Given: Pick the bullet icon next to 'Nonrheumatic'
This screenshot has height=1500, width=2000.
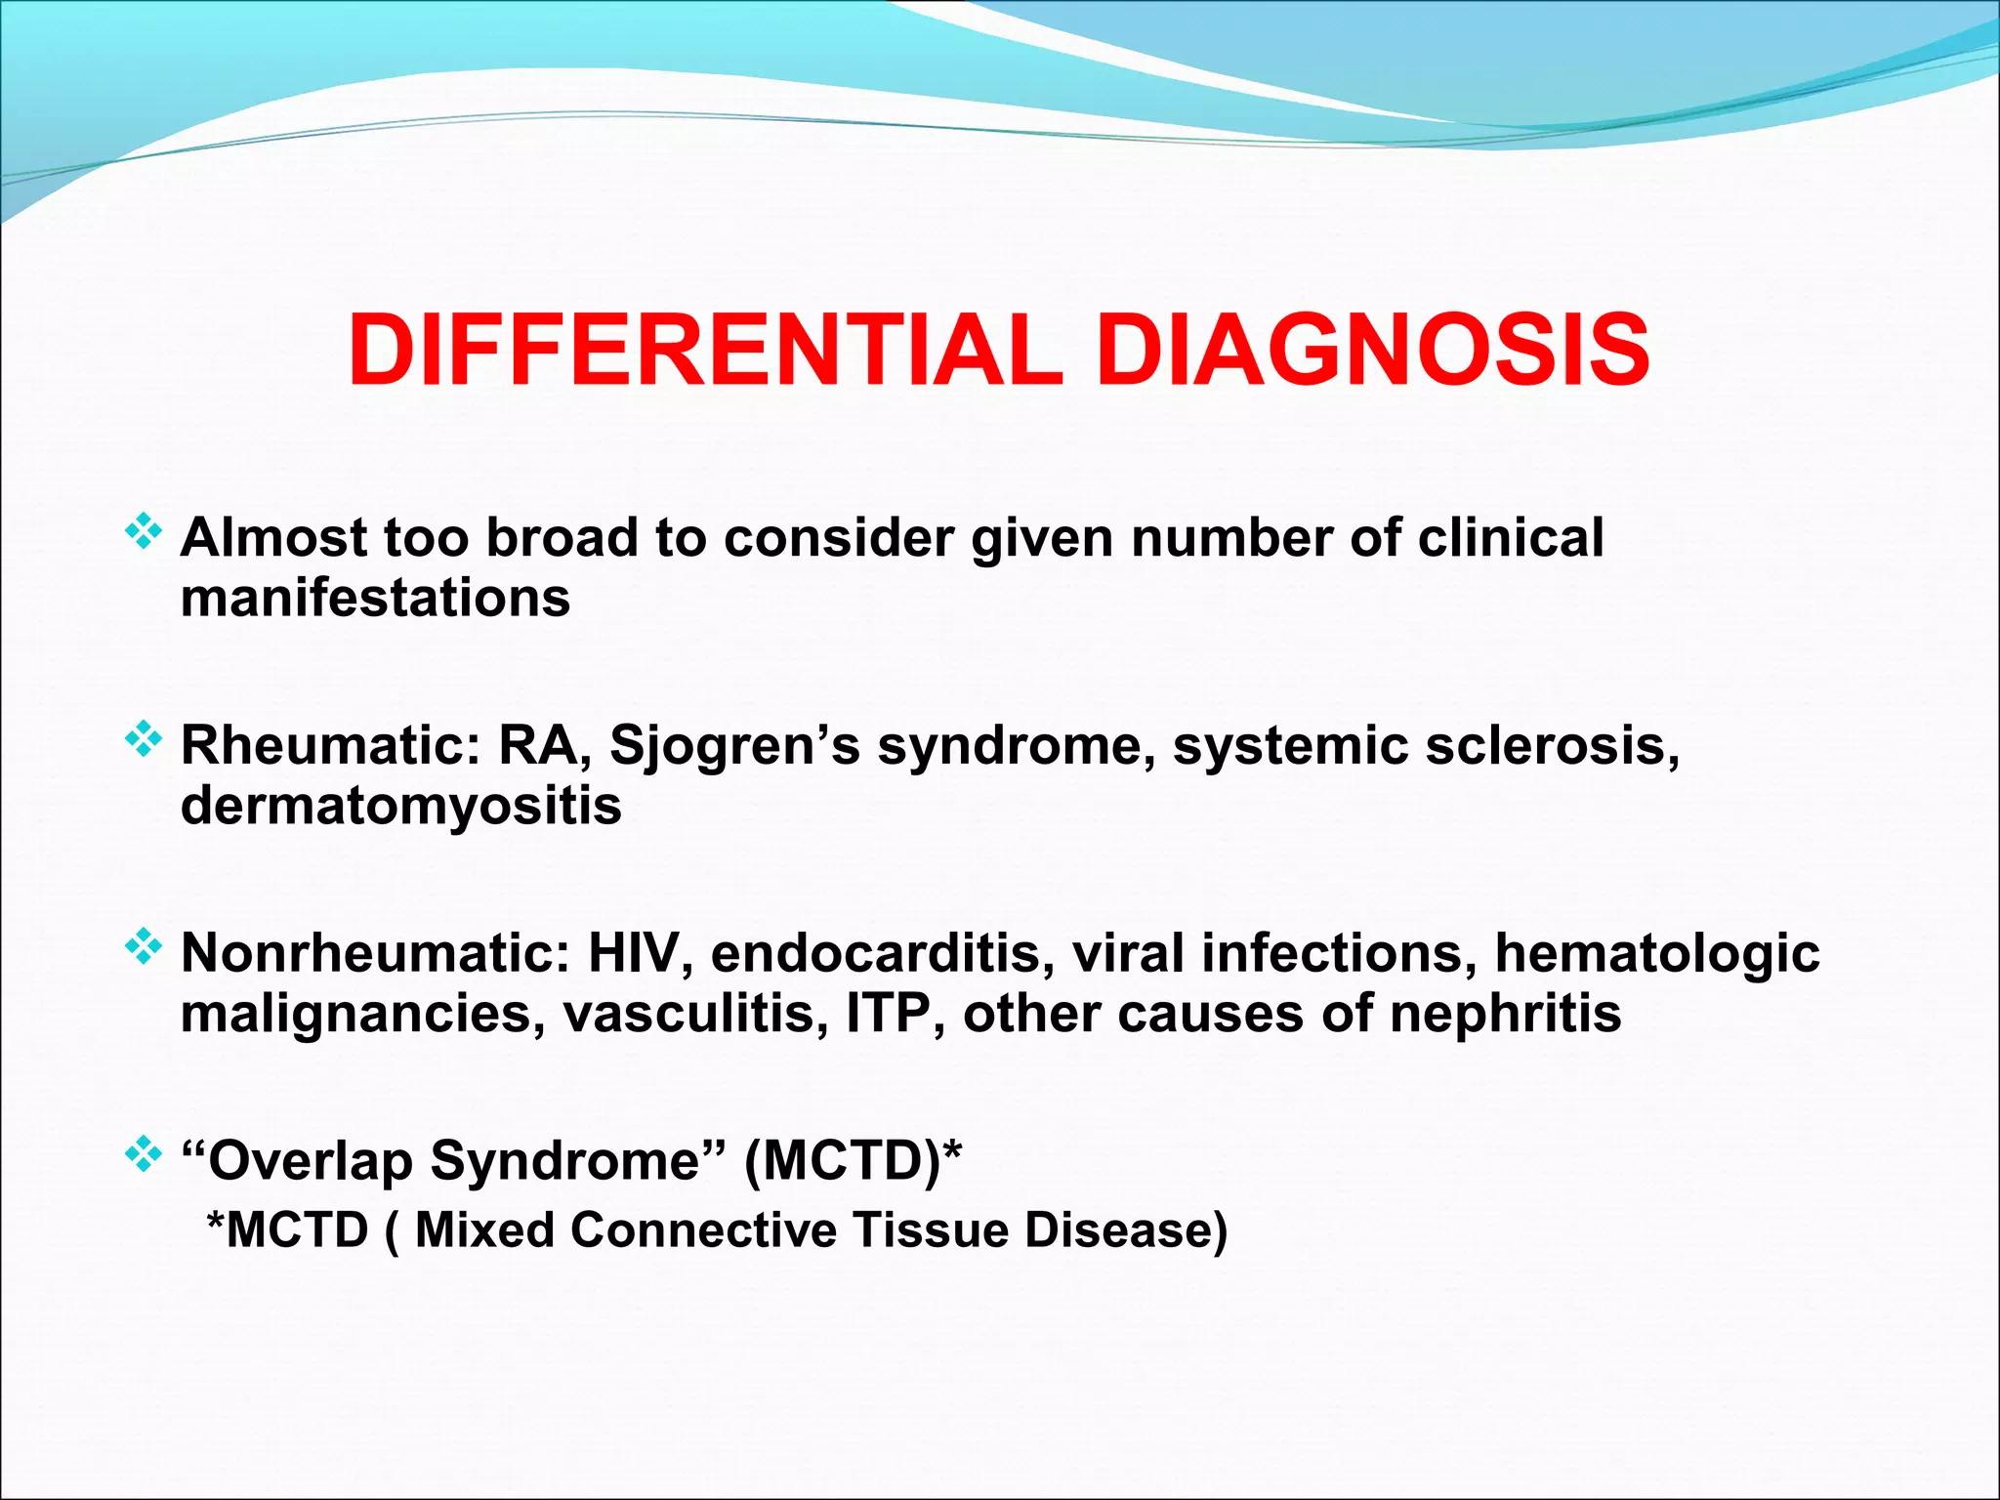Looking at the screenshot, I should (x=144, y=947).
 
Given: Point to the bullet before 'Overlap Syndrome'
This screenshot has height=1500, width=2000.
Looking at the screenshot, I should (x=144, y=1155).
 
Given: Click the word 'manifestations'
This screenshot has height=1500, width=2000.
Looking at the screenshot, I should (x=375, y=598).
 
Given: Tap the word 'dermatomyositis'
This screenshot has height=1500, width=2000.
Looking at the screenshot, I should (x=400, y=807).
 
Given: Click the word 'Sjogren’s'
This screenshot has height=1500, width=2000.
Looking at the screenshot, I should (x=734, y=747).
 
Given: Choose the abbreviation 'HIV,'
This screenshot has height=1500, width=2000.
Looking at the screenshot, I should (x=640, y=953).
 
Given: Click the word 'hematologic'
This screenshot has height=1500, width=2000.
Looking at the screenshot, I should (x=1656, y=955).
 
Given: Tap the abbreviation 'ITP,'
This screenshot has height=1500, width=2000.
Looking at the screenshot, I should (x=895, y=1014).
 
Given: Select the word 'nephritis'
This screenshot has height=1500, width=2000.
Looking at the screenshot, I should (x=1505, y=1014).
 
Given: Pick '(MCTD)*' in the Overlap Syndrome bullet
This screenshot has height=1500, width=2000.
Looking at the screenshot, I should (x=853, y=1161).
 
